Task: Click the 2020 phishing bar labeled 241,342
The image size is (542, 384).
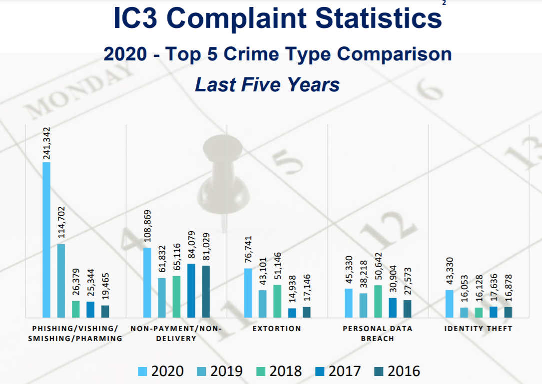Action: click(x=46, y=240)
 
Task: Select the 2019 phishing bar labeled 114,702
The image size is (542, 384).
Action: click(x=61, y=280)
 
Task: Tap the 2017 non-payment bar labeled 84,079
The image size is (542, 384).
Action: click(x=191, y=290)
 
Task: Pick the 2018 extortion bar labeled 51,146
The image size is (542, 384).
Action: click(x=277, y=301)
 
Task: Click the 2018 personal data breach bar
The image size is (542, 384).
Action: click(x=378, y=301)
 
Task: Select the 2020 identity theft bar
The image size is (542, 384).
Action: click(x=449, y=303)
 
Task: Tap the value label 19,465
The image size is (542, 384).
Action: click(x=105, y=287)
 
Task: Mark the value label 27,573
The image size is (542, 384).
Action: click(x=407, y=282)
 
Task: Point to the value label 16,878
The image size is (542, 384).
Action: click(x=508, y=289)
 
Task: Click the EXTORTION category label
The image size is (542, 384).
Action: click(x=277, y=329)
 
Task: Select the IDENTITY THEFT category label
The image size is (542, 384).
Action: click(x=478, y=329)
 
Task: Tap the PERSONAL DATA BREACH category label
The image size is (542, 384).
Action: click(x=378, y=334)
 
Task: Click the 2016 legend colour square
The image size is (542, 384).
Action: click(x=378, y=372)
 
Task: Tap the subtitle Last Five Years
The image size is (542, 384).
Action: click(x=267, y=84)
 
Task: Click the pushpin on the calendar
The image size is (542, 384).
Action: click(x=218, y=175)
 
